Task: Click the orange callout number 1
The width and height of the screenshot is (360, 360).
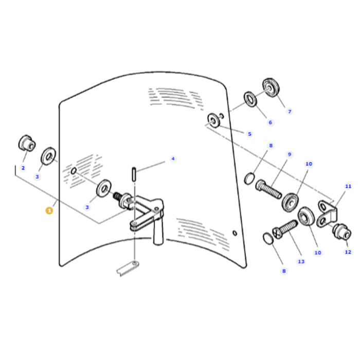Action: point(49,210)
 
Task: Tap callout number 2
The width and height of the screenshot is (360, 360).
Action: point(23,167)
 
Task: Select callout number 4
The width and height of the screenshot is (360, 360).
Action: point(173,158)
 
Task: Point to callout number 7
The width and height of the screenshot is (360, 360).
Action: point(289,111)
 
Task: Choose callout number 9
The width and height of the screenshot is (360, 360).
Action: point(289,154)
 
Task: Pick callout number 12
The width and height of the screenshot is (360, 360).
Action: point(348,251)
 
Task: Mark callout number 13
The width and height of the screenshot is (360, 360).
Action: point(301,261)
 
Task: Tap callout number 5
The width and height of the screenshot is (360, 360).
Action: point(249,134)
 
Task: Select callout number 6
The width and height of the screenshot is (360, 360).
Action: point(270,122)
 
